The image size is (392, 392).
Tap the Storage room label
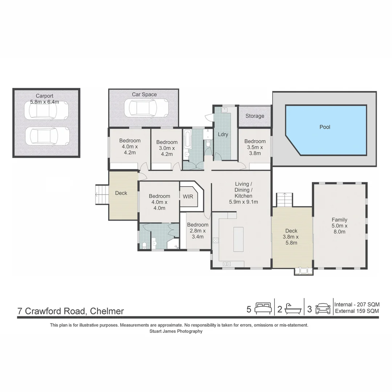pos(255,116)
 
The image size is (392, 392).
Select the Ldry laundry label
pos(223,134)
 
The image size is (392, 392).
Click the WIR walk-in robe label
pos(188,196)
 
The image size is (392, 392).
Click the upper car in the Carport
pos(46,110)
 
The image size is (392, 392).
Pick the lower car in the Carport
pos(47,136)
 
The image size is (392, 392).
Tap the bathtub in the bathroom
pos(187,139)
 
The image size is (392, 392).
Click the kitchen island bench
pos(238,239)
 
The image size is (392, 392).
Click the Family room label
pos(339,220)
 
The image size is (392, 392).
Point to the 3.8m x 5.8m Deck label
pos(291,231)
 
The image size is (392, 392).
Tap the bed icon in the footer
pos(263,309)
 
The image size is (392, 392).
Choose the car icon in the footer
pos(323,309)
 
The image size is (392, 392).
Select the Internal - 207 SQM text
pos(357,305)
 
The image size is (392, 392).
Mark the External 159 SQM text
pos(357,311)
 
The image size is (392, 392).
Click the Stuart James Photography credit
pos(176,331)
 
